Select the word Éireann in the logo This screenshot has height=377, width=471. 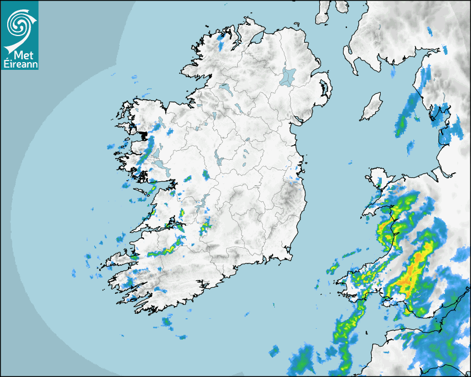(x=19, y=64)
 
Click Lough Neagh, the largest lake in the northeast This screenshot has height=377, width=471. (x=288, y=77)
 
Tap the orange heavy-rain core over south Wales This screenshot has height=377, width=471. (x=412, y=272)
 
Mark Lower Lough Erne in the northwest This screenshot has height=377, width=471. (x=226, y=88)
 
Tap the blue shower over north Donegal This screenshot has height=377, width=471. (x=222, y=42)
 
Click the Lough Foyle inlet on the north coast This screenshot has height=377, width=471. (x=256, y=39)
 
